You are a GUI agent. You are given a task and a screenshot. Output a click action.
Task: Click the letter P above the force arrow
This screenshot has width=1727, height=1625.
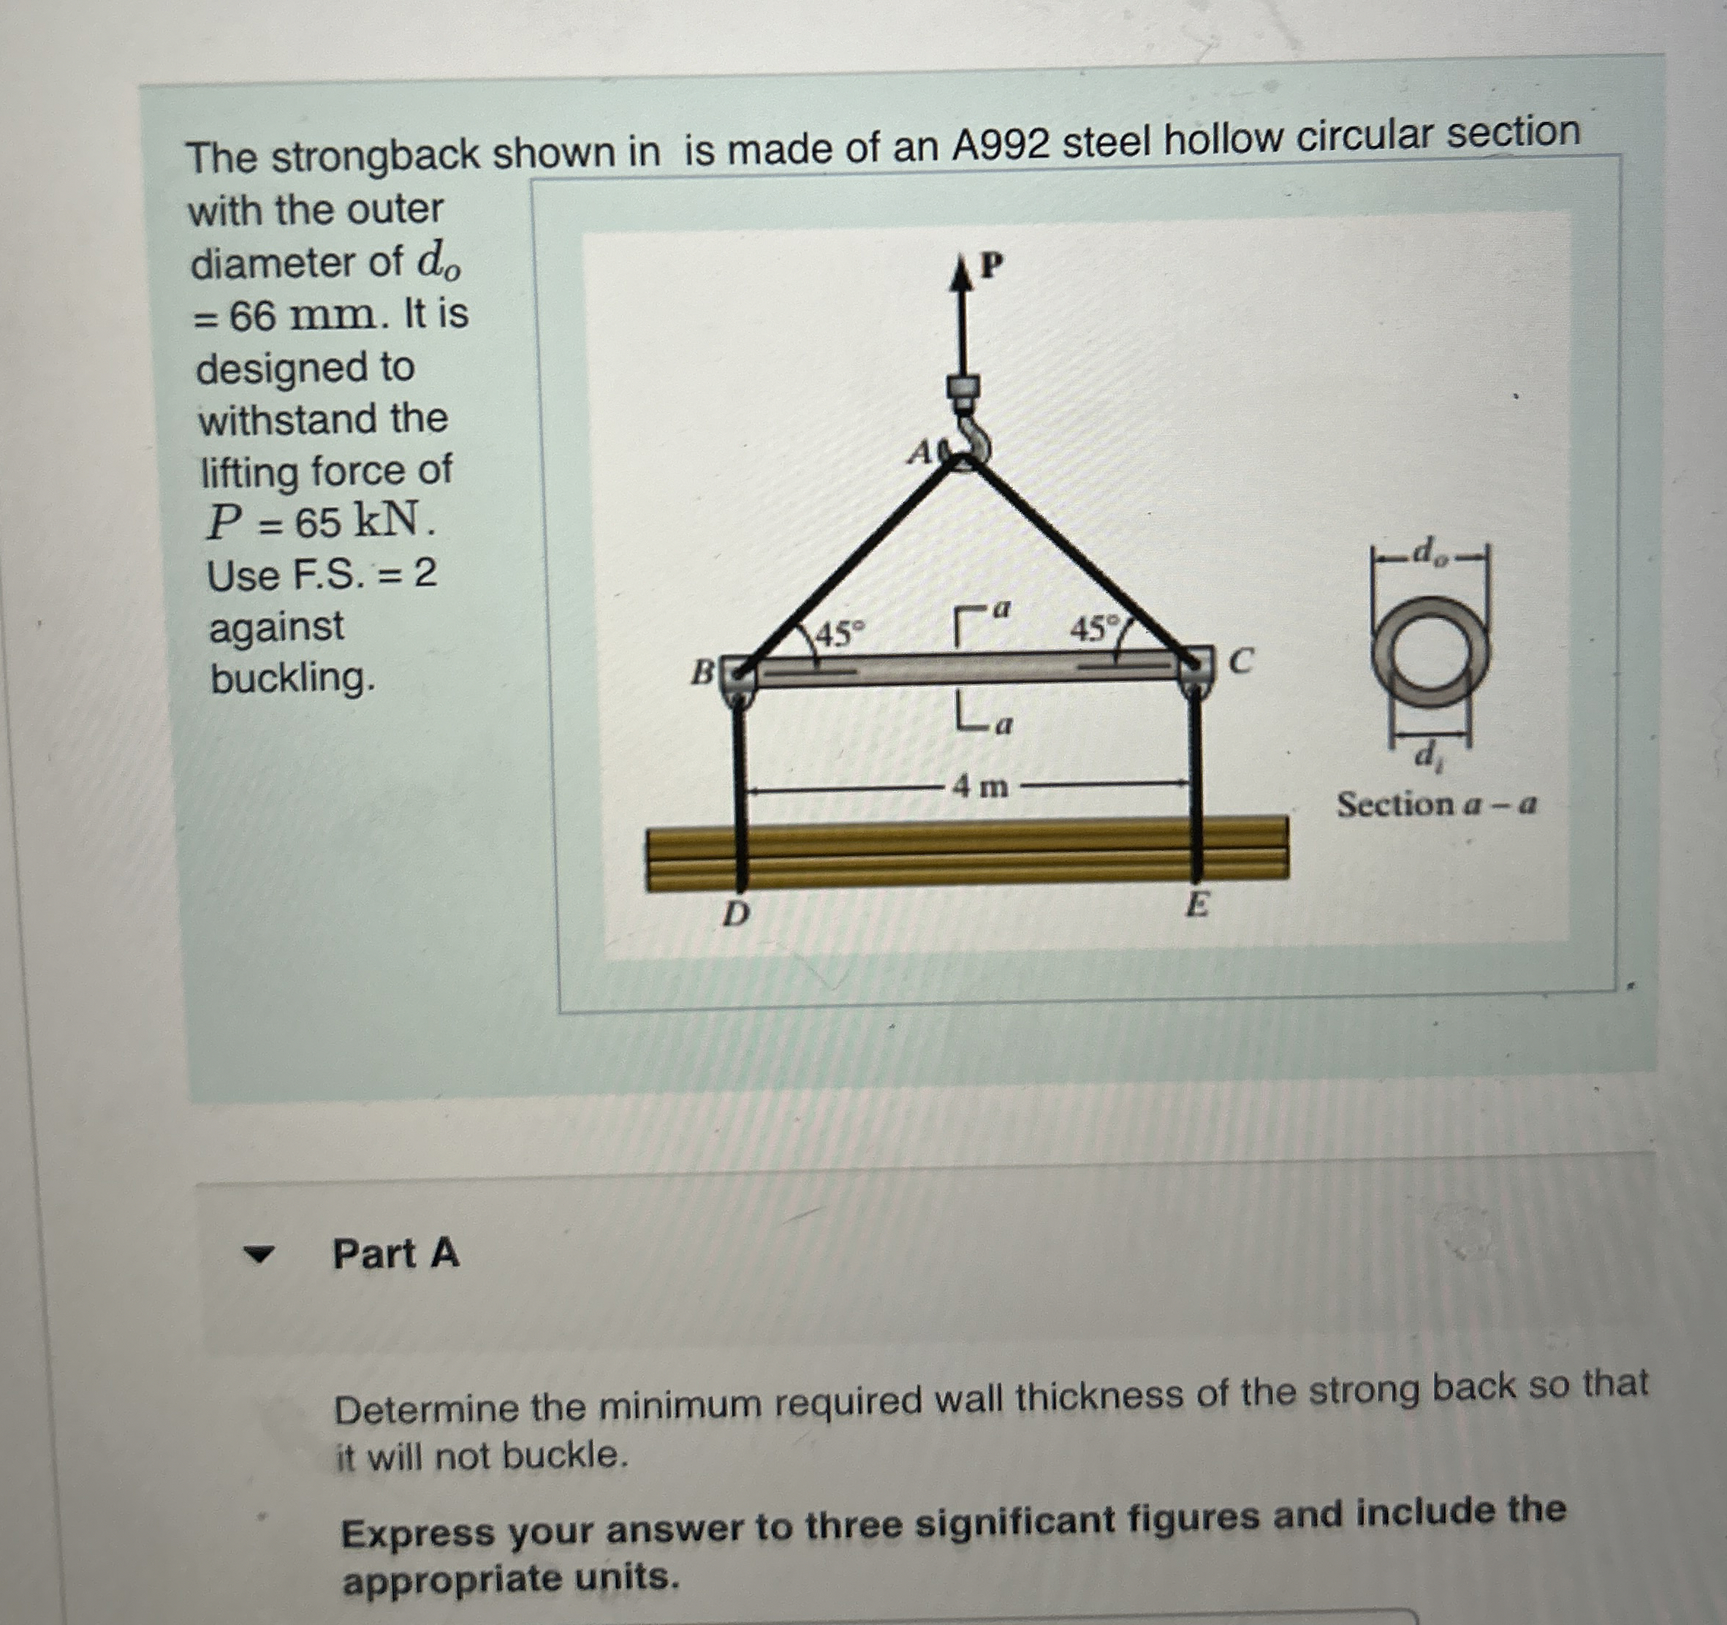(x=991, y=265)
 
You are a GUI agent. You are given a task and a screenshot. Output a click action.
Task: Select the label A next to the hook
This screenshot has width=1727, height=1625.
(x=920, y=452)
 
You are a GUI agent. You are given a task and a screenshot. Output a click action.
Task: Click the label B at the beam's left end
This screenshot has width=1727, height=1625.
(x=702, y=672)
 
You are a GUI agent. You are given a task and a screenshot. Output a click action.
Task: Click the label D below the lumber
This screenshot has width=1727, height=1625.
(x=736, y=913)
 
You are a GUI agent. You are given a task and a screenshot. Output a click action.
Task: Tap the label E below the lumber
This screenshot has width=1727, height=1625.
(x=1196, y=906)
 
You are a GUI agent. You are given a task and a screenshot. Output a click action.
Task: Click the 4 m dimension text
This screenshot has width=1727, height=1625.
(x=980, y=787)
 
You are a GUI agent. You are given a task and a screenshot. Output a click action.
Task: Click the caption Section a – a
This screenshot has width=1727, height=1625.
(x=1436, y=805)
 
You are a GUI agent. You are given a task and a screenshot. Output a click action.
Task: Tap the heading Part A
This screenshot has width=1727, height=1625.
(x=395, y=1254)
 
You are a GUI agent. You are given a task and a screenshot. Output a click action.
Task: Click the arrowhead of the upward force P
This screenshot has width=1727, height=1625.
(x=961, y=273)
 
